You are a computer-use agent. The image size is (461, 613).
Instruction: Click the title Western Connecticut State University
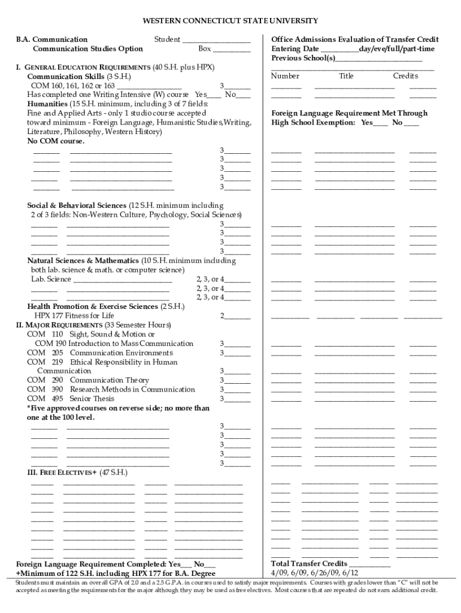pyautogui.click(x=230, y=21)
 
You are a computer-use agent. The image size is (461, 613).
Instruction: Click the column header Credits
pyautogui.click(x=405, y=76)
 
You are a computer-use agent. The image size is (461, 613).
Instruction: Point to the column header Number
pyautogui.click(x=285, y=76)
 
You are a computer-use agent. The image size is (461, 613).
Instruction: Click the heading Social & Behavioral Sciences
pyautogui.click(x=77, y=205)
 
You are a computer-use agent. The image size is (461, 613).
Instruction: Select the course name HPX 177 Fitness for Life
pyautogui.click(x=74, y=315)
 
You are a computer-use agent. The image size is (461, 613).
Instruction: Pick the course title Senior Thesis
pyautogui.click(x=92, y=398)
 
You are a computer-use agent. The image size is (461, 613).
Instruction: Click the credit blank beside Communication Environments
pyautogui.click(x=238, y=354)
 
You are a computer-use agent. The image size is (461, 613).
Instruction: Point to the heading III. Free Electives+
pyautogui.click(x=54, y=472)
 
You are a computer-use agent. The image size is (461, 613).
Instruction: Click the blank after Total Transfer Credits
pyautogui.click(x=369, y=565)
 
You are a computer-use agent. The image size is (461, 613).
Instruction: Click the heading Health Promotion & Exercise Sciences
pyautogui.click(x=92, y=306)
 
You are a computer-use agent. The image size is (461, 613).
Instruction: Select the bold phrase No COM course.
pyautogui.click(x=56, y=142)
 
